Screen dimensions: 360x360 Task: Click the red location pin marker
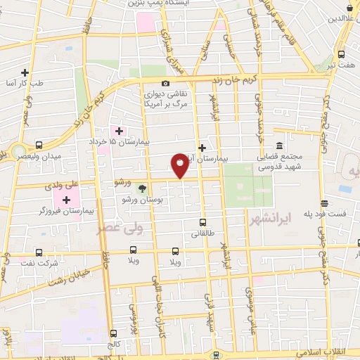click(180, 165)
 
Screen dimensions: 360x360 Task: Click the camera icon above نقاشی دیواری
click(166, 83)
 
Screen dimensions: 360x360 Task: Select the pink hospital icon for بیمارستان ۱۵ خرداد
click(118, 131)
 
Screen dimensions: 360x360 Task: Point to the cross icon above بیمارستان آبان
click(202, 148)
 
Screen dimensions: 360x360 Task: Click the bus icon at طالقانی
click(202, 222)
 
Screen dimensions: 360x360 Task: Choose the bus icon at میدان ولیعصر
click(39, 143)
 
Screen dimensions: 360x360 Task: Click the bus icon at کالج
click(113, 333)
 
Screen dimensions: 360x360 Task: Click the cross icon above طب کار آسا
click(25, 72)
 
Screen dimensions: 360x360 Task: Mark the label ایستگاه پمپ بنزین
click(156, 4)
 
